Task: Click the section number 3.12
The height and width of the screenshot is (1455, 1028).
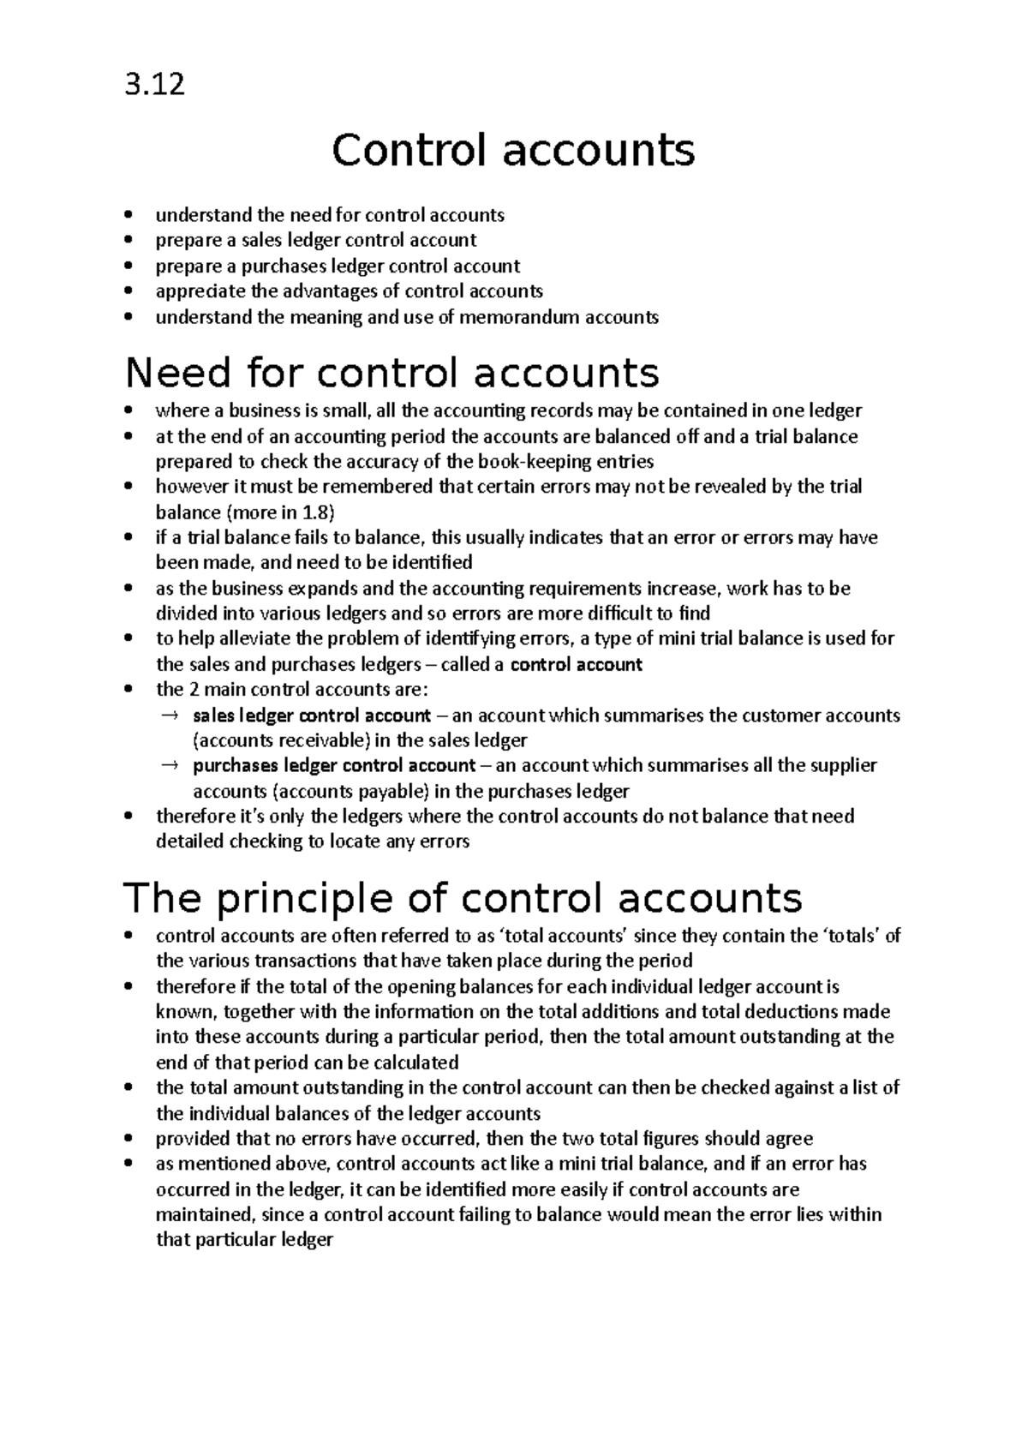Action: click(154, 85)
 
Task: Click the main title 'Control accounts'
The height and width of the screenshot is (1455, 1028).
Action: click(513, 151)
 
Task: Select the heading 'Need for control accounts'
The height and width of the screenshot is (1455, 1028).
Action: click(392, 373)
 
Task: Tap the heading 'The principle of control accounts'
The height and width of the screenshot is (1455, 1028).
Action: click(463, 898)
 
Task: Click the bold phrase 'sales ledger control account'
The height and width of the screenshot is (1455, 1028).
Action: click(312, 715)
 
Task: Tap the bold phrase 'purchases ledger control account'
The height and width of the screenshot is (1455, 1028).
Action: click(334, 765)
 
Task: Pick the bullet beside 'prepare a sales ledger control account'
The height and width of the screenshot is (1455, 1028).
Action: click(129, 241)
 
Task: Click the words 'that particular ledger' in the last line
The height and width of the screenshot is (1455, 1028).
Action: click(244, 1240)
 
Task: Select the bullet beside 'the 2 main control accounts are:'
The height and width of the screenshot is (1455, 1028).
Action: click(129, 690)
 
